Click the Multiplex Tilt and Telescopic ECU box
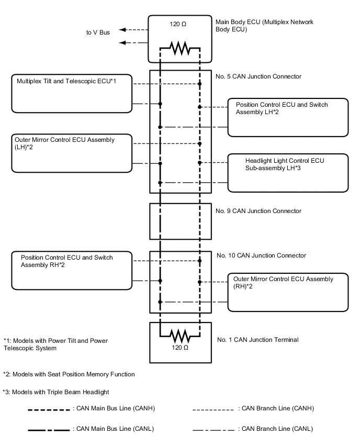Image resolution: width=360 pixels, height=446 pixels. pos(72,93)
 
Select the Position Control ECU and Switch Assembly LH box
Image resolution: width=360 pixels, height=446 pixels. pos(288,117)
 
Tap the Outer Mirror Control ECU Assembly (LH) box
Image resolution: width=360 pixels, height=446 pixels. pos(72,153)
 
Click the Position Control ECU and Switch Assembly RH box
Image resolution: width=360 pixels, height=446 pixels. pos(72,270)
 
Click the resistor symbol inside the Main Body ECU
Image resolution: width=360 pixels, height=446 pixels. pos(180,49)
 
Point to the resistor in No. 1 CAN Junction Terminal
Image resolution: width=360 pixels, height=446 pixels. pos(180,333)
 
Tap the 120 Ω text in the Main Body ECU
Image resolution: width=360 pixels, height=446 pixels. pos(180,24)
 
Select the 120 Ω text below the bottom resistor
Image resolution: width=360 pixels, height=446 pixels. pos(180,347)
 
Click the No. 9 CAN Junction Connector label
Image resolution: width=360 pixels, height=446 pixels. pos(258,211)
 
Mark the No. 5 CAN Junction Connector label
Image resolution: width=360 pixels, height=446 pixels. pos(258,76)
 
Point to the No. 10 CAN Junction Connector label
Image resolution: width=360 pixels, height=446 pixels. pos(261,255)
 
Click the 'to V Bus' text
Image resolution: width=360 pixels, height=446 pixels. pos(98,32)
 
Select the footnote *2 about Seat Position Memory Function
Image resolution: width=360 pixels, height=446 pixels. pos(69,374)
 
